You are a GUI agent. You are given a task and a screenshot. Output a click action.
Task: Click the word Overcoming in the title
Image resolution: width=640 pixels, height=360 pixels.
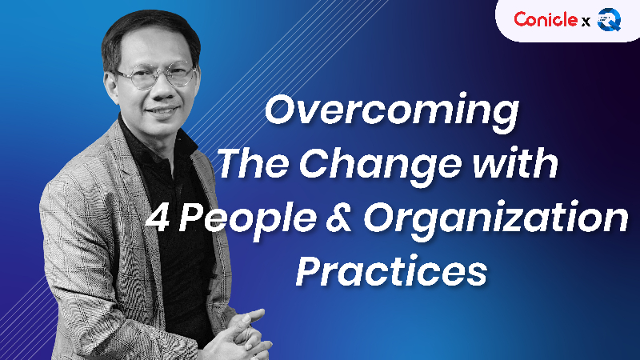(x=391, y=110)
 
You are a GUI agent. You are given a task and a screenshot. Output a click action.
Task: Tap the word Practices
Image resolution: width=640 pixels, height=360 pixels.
(x=391, y=273)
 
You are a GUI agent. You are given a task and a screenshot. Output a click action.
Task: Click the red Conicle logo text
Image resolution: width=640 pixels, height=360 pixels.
(x=544, y=20)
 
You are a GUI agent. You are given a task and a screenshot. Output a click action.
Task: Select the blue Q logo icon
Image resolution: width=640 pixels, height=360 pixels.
(x=610, y=20)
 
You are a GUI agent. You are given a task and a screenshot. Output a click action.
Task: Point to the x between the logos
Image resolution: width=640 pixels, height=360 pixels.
(x=586, y=22)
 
